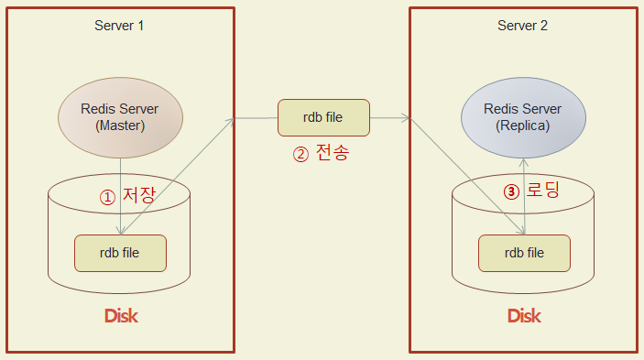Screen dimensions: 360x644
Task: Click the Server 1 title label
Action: click(119, 25)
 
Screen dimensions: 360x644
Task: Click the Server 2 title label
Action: click(522, 25)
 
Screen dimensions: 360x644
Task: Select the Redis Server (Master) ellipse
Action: click(120, 117)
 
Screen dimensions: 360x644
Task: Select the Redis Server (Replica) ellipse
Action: click(522, 117)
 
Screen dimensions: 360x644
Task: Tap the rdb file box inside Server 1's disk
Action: click(120, 253)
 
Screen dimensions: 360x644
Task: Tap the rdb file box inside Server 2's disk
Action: click(524, 253)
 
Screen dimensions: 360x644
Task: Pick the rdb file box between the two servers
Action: click(323, 117)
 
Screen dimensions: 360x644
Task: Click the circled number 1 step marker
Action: click(108, 197)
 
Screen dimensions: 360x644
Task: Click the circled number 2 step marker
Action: click(300, 154)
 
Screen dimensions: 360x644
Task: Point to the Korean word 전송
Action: click(332, 153)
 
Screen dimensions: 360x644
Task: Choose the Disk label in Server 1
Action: click(120, 317)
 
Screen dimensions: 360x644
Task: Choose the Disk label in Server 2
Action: click(524, 317)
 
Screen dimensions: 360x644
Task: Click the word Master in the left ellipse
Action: click(120, 126)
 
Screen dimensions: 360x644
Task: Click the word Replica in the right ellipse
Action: click(522, 126)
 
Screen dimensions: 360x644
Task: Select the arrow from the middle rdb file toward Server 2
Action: click(390, 117)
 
